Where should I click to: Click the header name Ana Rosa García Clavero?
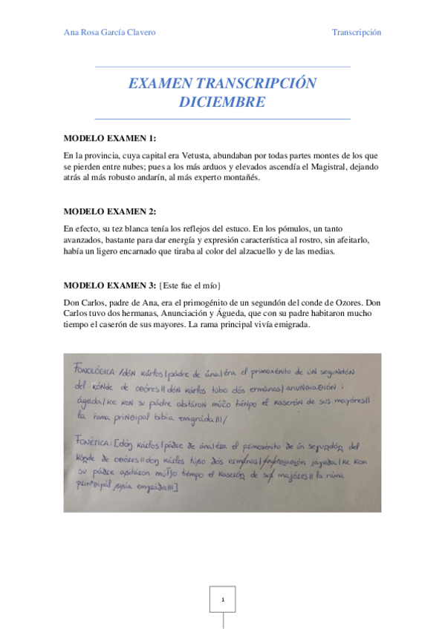(x=110, y=33)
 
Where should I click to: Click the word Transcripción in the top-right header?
(x=357, y=33)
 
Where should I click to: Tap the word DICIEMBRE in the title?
(x=222, y=102)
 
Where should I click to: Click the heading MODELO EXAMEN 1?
(x=110, y=139)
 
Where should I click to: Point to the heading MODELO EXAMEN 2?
(x=110, y=211)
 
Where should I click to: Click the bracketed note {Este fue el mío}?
(x=190, y=285)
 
